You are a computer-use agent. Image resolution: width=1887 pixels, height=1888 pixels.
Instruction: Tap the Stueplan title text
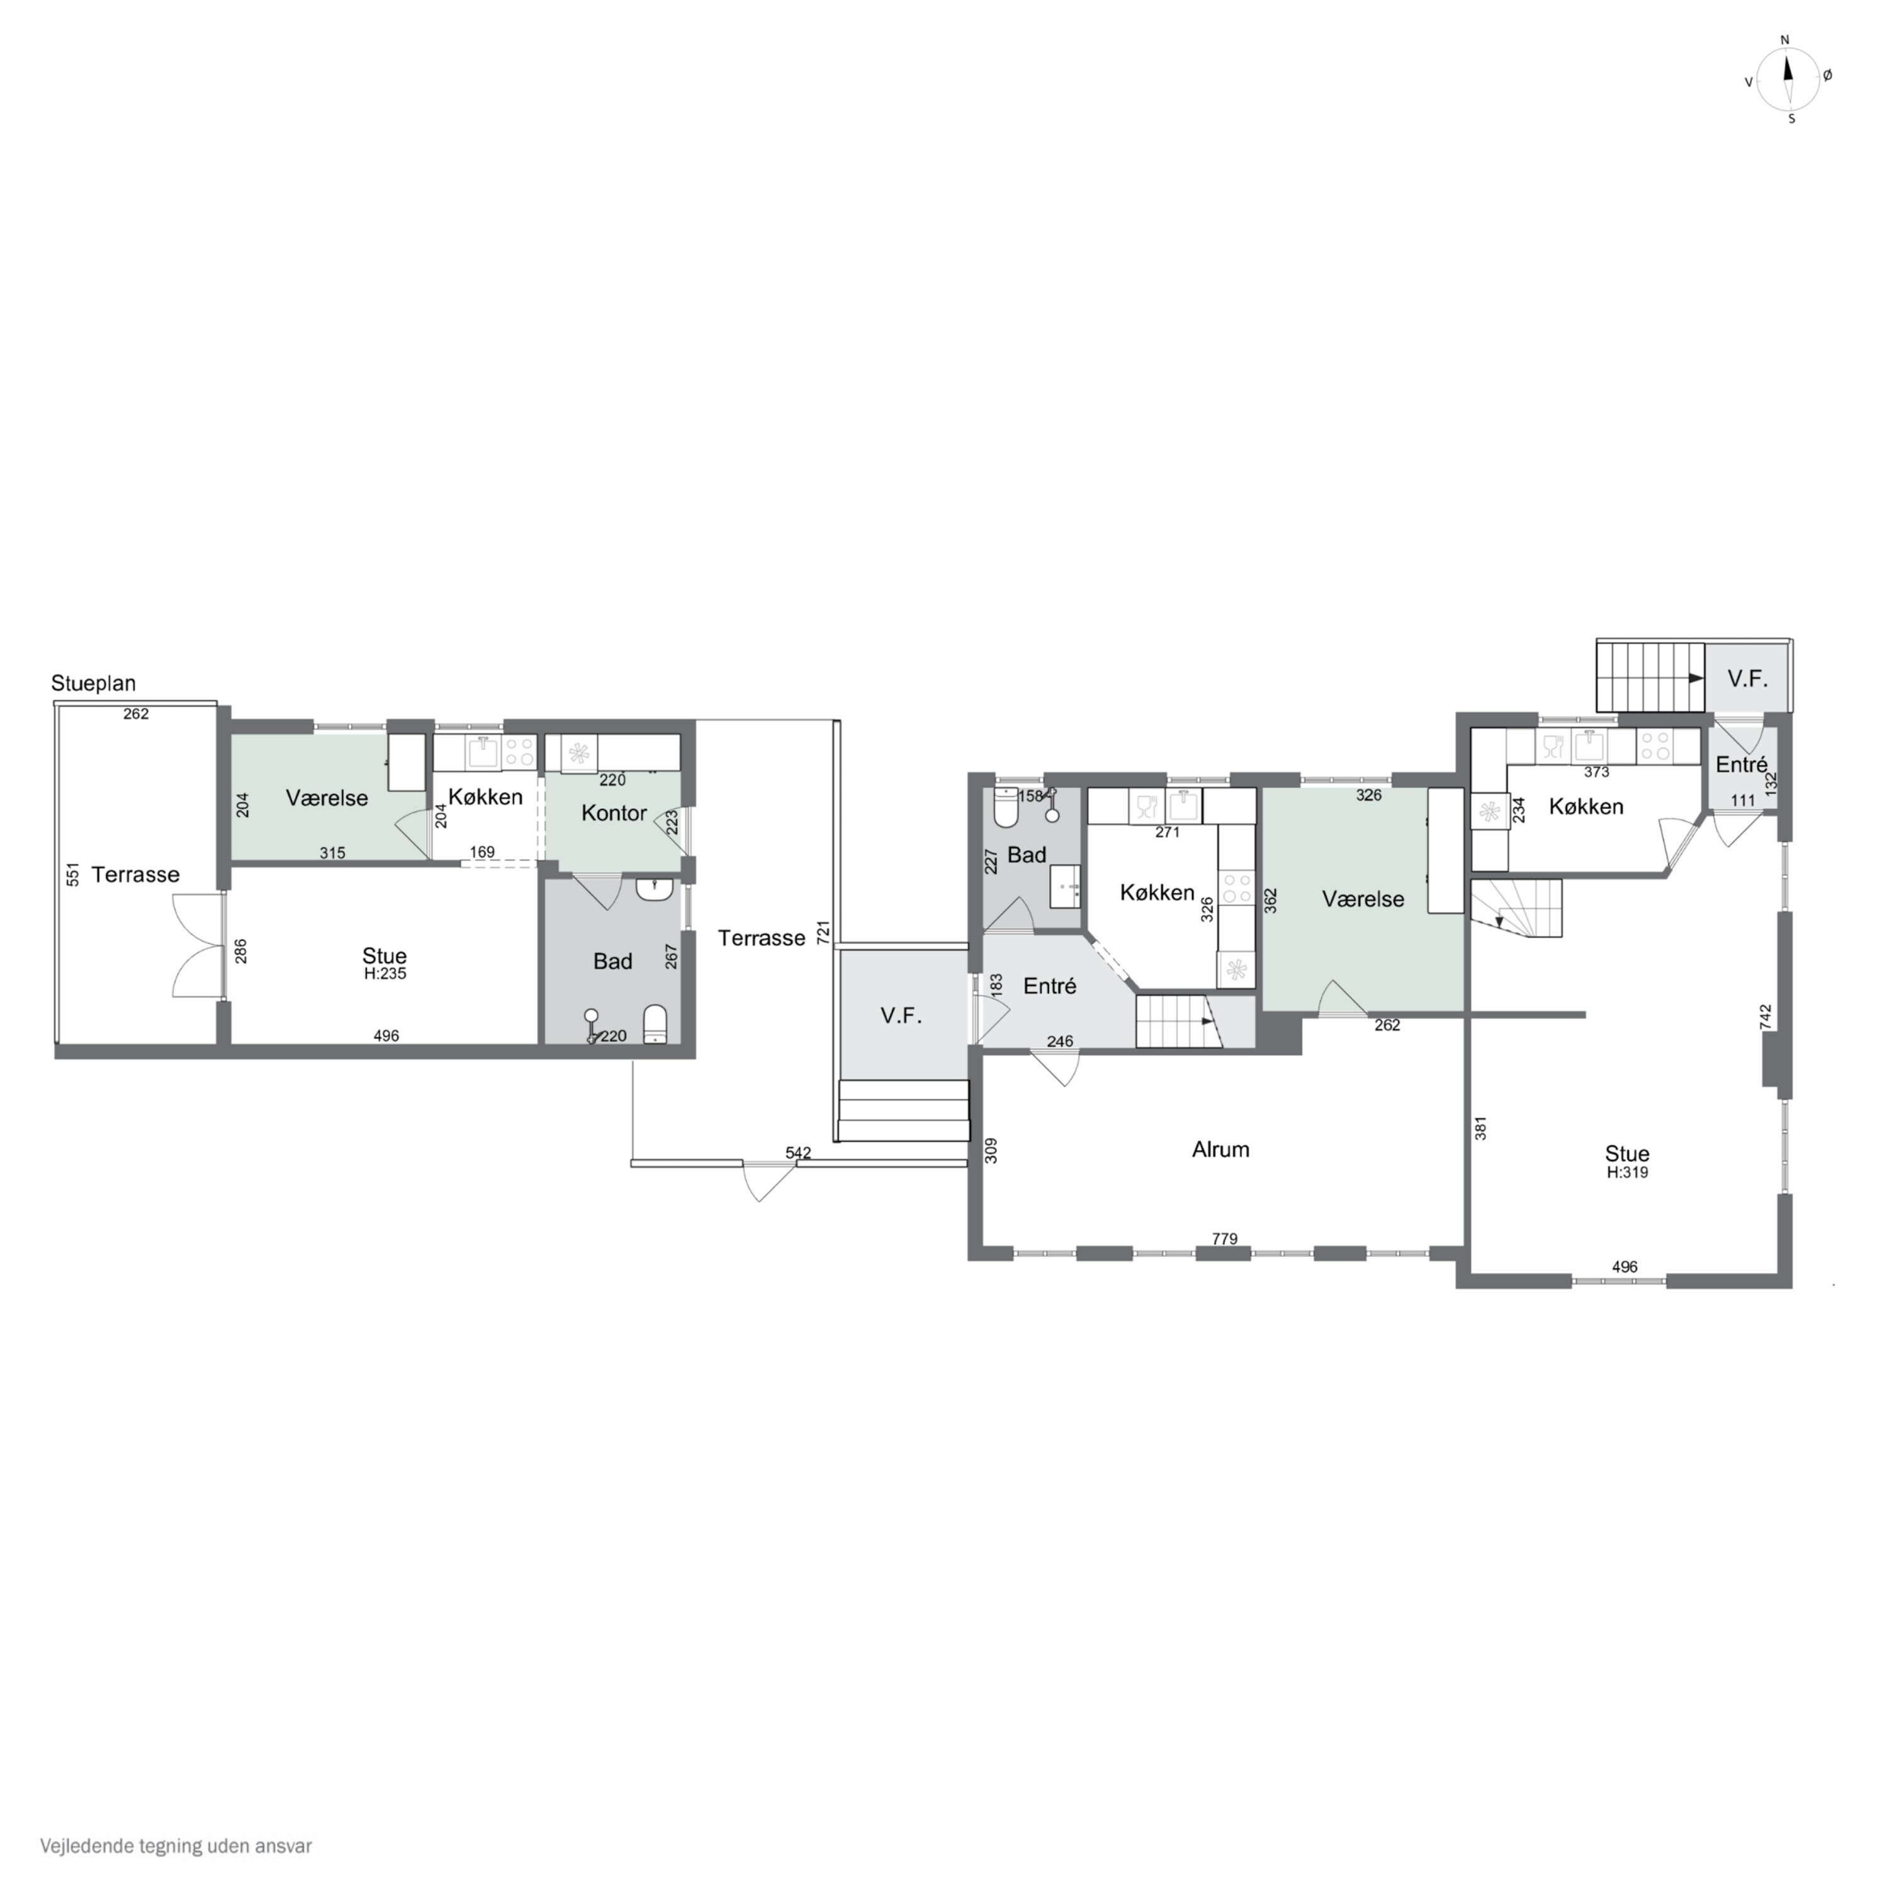coord(94,683)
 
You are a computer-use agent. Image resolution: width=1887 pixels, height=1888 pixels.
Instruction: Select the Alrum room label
coord(1220,1149)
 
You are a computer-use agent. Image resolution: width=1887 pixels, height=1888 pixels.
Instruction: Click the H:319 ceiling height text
coord(1627,1172)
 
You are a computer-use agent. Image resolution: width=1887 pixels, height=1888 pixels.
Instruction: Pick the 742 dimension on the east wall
coord(1765,1016)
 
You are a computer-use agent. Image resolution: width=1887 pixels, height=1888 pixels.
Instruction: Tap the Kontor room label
coord(614,813)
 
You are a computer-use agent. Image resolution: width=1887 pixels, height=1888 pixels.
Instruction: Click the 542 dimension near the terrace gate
coord(798,1153)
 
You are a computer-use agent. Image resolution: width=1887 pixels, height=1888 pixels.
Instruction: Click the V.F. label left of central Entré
coord(901,1015)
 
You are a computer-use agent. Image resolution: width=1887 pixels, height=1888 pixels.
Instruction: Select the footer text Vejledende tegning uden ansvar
coord(176,1846)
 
